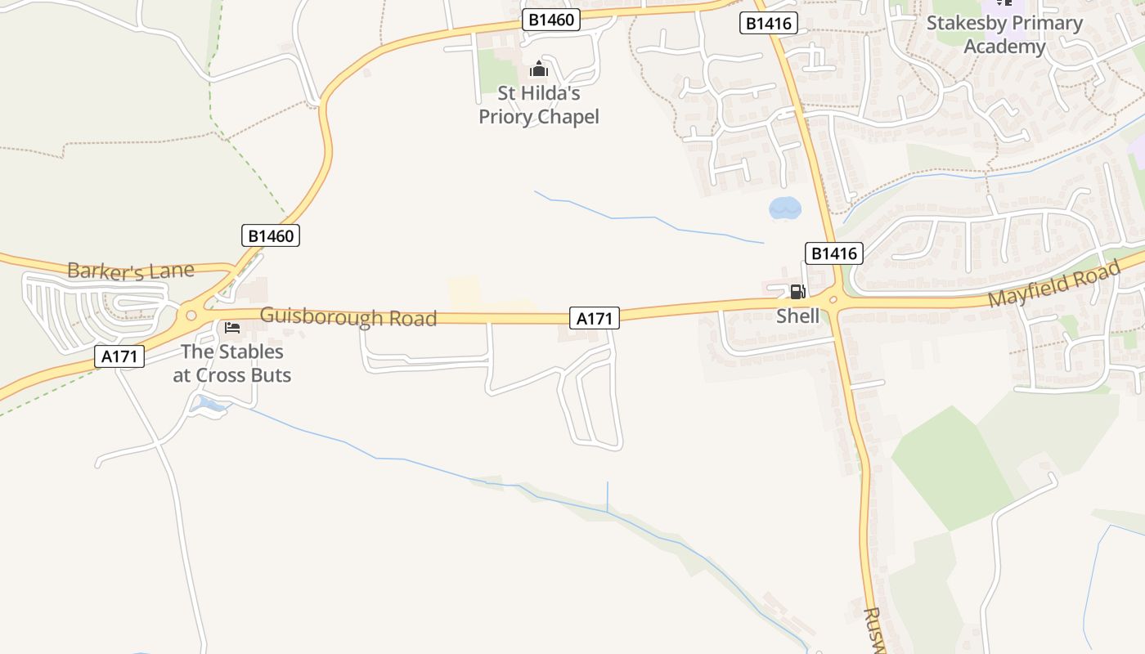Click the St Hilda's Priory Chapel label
(539, 105)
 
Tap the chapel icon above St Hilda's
(539, 69)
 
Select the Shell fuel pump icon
(797, 292)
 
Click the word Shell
(797, 316)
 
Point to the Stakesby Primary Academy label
(1004, 35)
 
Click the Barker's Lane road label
(131, 271)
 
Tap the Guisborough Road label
(348, 317)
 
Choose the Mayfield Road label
(1053, 286)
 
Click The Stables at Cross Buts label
(232, 363)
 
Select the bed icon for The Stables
(232, 328)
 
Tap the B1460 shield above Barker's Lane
(272, 236)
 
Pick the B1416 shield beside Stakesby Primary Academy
(769, 24)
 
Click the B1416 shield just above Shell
(834, 253)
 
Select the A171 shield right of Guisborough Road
(595, 318)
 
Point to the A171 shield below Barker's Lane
(119, 356)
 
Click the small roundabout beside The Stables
(191, 315)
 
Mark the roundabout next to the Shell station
(834, 300)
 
